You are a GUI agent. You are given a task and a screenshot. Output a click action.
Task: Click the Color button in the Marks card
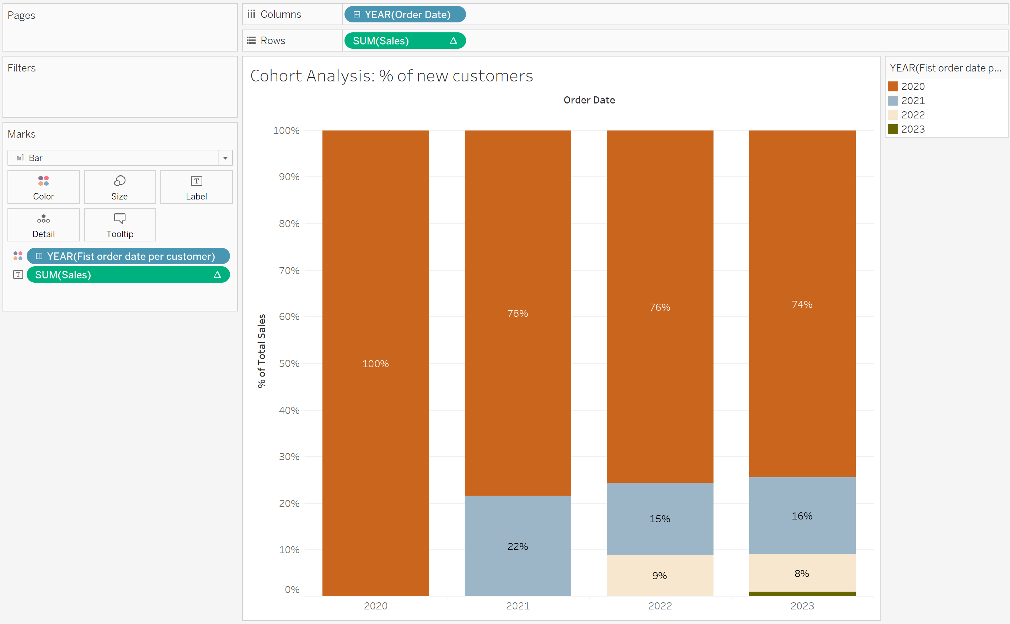coord(43,187)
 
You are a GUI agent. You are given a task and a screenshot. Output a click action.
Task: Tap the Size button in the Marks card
coord(120,187)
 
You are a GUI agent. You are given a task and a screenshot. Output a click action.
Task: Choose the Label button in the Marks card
coord(196,187)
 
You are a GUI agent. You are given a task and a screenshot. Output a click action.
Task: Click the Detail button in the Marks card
coord(43,225)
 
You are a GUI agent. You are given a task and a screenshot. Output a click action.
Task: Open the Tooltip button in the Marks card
coord(120,225)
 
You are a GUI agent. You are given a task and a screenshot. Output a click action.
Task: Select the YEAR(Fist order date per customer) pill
coord(128,256)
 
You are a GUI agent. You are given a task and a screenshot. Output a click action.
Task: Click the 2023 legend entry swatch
coord(892,129)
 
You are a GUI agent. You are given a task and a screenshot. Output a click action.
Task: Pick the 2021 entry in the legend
coord(913,101)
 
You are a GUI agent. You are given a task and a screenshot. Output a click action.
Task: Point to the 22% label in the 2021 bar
coord(517,546)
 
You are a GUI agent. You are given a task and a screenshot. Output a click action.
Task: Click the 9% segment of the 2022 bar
coord(659,576)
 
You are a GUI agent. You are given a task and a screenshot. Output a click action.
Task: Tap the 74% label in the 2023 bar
coord(802,305)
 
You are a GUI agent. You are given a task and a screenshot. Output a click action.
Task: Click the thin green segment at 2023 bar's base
coord(802,594)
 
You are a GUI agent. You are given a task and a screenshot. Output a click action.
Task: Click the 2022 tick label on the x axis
coord(660,606)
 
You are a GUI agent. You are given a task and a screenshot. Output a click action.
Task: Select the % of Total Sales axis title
coord(262,351)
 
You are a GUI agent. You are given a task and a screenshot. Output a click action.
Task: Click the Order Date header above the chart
coord(589,100)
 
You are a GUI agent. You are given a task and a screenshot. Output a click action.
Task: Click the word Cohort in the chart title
coord(276,76)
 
